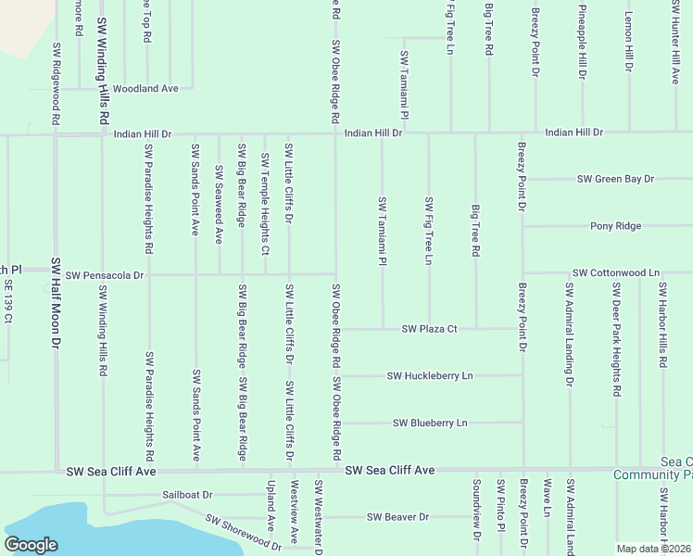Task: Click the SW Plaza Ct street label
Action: (429, 329)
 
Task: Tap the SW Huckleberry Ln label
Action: (429, 375)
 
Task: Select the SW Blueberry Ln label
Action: (430, 423)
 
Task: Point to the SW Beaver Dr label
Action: (397, 517)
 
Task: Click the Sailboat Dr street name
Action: (187, 495)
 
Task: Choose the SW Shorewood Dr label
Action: (243, 533)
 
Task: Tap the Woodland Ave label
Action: (145, 88)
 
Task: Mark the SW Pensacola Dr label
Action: (105, 275)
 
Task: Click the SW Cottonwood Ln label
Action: (615, 273)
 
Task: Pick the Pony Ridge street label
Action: (615, 226)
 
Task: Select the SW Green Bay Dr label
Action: (615, 179)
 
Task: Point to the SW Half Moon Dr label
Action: (56, 303)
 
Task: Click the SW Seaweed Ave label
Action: (220, 204)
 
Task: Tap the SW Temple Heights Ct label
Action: (265, 204)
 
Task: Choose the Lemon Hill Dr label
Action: (628, 43)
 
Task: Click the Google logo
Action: (31, 545)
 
